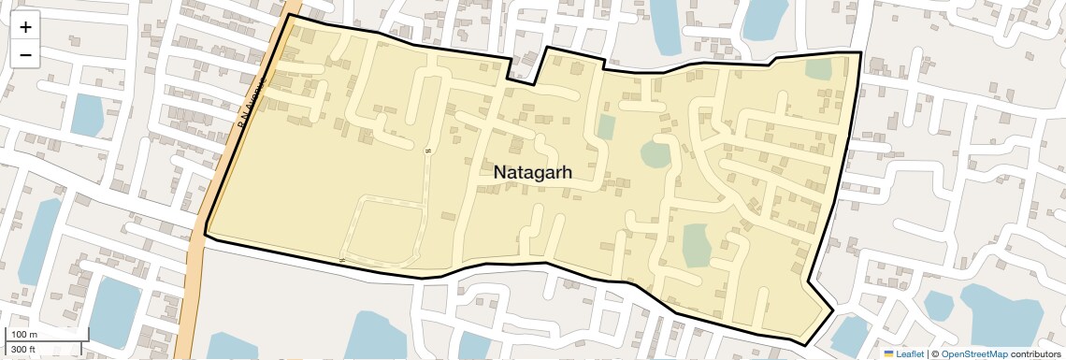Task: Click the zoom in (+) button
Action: tap(25, 27)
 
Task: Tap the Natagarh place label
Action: tap(532, 173)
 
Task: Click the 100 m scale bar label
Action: tap(24, 335)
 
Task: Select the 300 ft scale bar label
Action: tap(24, 350)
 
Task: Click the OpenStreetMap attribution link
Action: tap(973, 353)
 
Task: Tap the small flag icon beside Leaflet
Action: tap(889, 353)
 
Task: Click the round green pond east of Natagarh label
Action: tap(656, 154)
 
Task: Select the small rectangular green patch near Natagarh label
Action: tap(607, 127)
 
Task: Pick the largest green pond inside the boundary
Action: tap(697, 245)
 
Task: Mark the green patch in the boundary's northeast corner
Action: tap(819, 68)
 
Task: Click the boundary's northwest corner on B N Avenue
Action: tap(289, 15)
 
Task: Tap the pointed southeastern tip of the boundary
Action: tap(831, 310)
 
